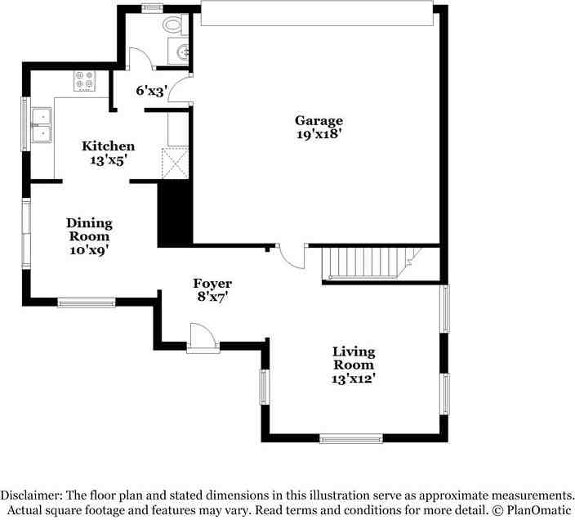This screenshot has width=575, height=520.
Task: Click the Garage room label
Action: point(319,121)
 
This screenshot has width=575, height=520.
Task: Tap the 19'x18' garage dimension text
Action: point(319,134)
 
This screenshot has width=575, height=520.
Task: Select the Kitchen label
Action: point(108,146)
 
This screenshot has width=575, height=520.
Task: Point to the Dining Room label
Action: point(89,230)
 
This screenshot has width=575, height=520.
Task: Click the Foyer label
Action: point(212,284)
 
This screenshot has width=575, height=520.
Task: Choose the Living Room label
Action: point(354,358)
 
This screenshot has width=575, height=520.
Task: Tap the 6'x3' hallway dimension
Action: point(152,90)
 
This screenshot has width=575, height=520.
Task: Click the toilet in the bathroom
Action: point(173,25)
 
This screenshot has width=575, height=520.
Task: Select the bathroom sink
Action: point(179,51)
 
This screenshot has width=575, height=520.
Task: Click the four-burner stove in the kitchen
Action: point(85,81)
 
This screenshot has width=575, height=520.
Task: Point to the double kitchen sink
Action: point(42,125)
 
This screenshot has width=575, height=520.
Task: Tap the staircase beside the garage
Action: point(372,262)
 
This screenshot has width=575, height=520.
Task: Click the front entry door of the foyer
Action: point(203,338)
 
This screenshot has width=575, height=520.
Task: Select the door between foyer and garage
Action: point(291,256)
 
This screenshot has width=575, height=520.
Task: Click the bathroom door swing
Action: point(140,59)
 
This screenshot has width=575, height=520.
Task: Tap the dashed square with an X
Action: point(176,164)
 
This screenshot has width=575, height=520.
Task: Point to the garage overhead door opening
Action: point(317,14)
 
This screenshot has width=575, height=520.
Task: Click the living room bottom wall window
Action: point(351,438)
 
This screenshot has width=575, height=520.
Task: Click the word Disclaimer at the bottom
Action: point(31,495)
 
